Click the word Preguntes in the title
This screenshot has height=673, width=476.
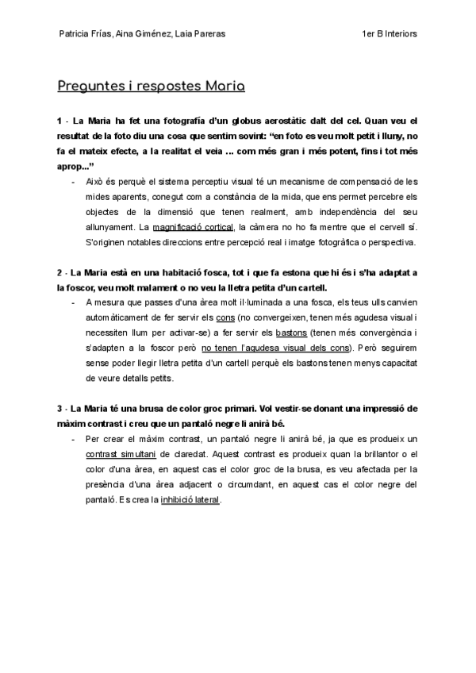click(90, 85)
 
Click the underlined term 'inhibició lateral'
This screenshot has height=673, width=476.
click(190, 500)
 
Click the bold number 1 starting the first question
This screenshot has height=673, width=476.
click(59, 121)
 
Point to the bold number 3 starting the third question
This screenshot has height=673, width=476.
click(59, 409)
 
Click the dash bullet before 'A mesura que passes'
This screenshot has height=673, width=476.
click(74, 302)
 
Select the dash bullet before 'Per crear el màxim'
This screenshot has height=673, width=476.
click(74, 439)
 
